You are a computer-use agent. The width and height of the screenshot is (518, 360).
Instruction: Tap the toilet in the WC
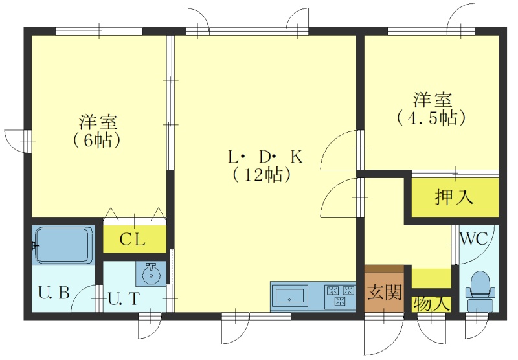click(480, 291)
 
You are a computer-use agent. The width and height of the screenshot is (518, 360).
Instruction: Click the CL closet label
click(132, 240)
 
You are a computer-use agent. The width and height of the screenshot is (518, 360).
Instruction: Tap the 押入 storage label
click(454, 197)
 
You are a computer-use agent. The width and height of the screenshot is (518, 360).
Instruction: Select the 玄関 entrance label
click(385, 292)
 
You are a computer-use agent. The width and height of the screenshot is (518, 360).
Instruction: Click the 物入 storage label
click(431, 304)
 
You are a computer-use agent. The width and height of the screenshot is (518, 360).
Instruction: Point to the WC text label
click(475, 238)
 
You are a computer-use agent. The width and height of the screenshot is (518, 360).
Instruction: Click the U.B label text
click(54, 292)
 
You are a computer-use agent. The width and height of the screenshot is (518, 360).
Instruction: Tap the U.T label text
click(124, 299)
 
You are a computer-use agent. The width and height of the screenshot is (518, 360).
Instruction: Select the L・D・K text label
click(265, 157)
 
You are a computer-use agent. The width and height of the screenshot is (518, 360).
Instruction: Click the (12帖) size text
click(262, 175)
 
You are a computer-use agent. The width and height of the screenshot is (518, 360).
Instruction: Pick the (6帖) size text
click(96, 141)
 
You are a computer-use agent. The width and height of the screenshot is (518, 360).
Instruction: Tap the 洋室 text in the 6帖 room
click(98, 122)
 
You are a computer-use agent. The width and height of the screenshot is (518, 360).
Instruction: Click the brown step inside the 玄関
click(384, 269)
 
